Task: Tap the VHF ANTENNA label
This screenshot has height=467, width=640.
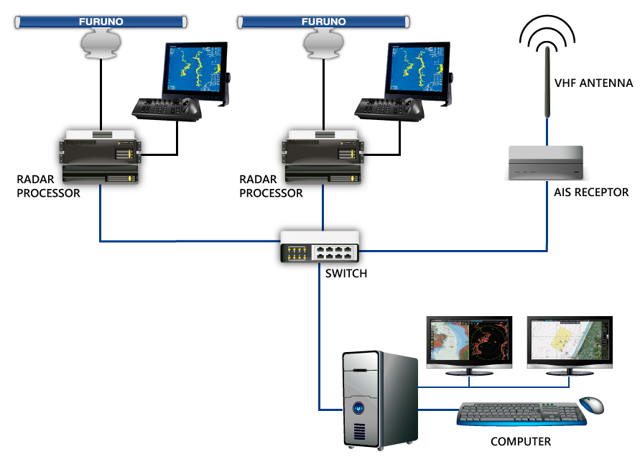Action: click(593, 83)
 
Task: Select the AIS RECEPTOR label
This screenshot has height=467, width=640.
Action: click(591, 193)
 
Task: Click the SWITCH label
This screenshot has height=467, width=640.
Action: click(346, 274)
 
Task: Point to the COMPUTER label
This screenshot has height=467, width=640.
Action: click(521, 442)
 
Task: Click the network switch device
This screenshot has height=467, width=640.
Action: click(320, 246)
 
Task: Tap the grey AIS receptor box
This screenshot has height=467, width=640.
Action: click(546, 163)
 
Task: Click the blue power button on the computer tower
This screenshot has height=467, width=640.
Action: click(358, 408)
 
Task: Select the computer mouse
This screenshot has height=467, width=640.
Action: click(591, 404)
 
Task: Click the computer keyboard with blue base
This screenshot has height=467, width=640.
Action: click(521, 414)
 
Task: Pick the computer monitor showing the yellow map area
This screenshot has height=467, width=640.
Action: click(570, 346)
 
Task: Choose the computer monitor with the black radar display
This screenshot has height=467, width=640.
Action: click(469, 346)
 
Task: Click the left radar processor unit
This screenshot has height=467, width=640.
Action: click(101, 157)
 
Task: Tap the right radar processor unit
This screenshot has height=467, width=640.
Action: click(323, 157)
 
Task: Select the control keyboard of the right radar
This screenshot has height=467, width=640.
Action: click(389, 109)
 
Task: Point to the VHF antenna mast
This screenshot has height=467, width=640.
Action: click(547, 82)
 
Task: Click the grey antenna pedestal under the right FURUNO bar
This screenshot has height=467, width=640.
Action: click(323, 44)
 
